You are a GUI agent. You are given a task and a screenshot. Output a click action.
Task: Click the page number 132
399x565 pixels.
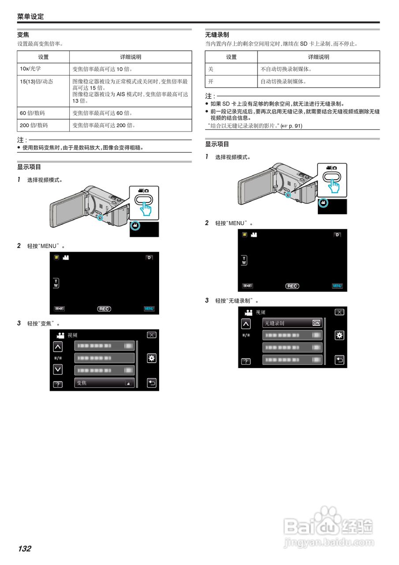25,549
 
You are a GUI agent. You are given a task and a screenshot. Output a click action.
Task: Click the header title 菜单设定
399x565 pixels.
30,17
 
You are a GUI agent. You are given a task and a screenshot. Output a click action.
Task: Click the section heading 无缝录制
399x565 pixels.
217,34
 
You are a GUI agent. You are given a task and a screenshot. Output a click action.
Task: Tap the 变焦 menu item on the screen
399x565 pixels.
104,383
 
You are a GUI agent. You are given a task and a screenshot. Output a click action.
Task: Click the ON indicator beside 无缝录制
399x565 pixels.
316,323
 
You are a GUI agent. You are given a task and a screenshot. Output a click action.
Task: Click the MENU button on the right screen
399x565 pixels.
337,286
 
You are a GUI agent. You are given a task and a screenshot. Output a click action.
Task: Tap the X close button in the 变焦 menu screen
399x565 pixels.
151,335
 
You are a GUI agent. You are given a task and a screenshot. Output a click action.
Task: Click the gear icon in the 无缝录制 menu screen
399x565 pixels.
339,335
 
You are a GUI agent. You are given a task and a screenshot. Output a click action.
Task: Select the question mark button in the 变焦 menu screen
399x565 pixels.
58,384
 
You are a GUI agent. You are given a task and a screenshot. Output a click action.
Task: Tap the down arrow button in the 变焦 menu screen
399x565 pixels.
58,369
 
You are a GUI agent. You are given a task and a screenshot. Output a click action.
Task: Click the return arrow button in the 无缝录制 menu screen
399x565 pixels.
339,360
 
